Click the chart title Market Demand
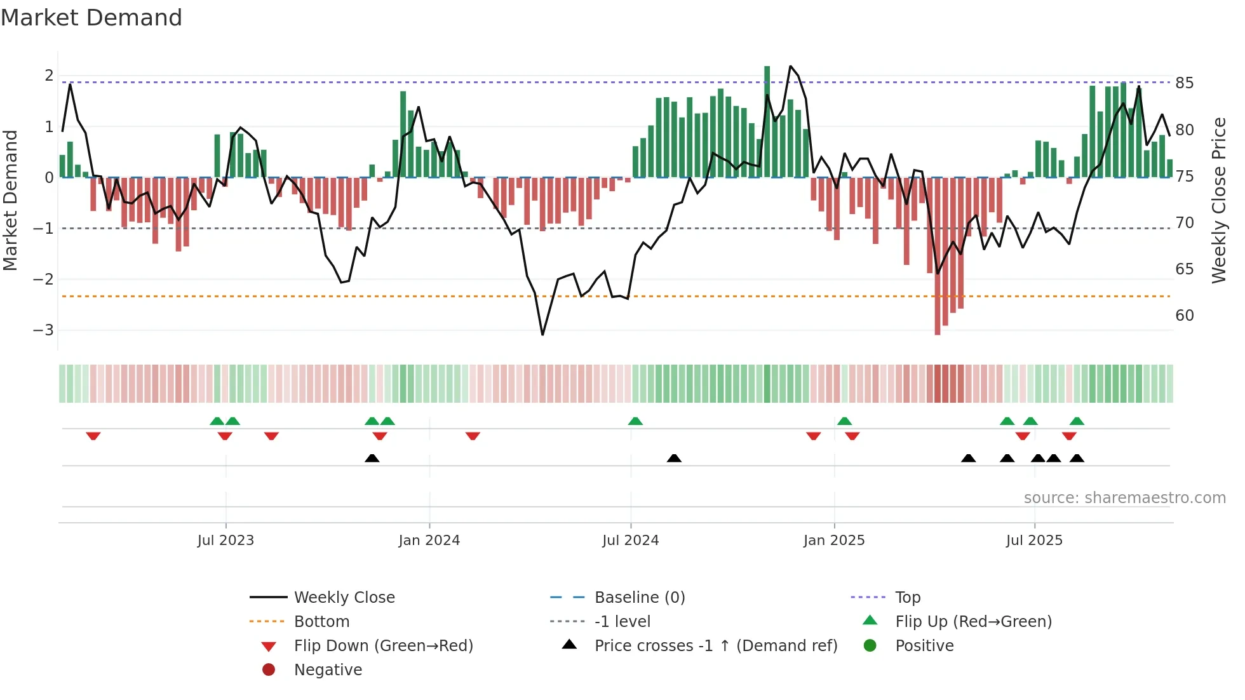(91, 18)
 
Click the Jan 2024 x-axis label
(429, 541)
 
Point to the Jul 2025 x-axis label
(1033, 541)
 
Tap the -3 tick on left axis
(43, 330)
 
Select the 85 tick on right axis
(1184, 83)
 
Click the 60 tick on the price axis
(1184, 316)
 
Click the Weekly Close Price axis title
(1218, 200)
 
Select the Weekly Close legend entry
(344, 598)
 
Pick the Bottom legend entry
(321, 622)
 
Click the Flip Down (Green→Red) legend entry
(383, 646)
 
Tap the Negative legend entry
(328, 670)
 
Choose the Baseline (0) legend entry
(639, 598)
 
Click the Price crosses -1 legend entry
(715, 646)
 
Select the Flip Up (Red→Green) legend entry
(973, 622)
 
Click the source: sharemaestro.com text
(1124, 498)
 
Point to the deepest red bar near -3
(938, 254)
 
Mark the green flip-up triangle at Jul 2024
(635, 421)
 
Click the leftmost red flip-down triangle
(93, 436)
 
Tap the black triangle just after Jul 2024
(674, 458)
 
